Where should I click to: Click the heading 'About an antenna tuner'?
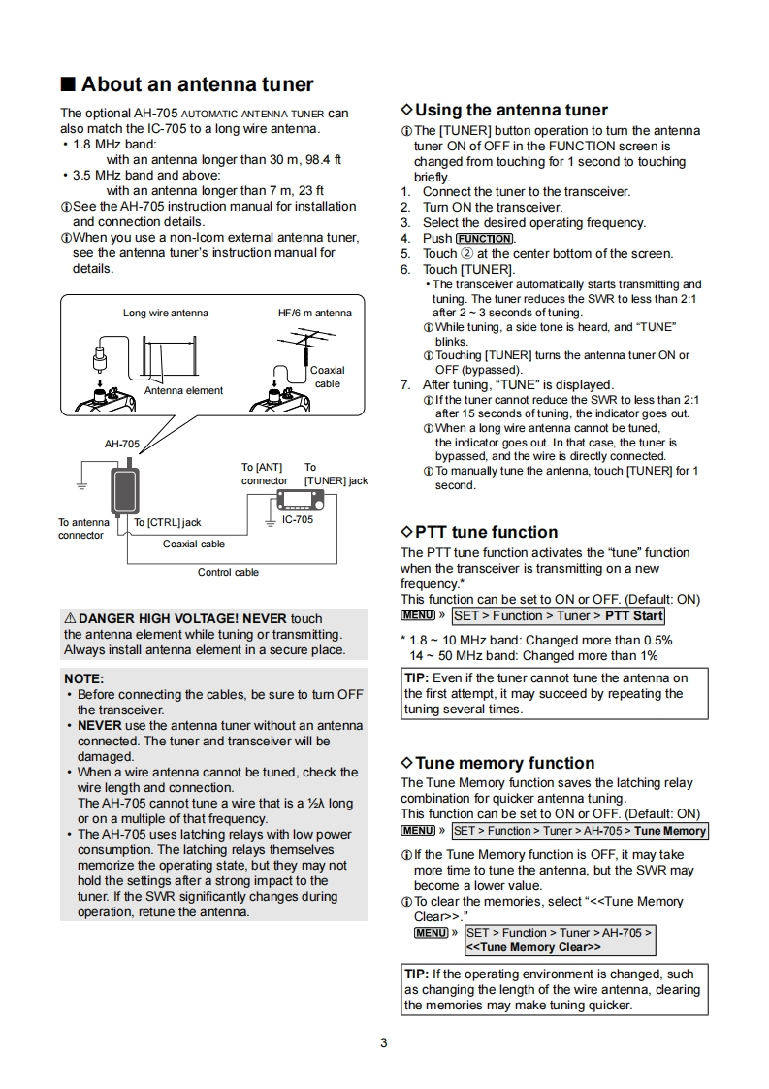pyautogui.click(x=197, y=84)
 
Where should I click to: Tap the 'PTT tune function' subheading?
pyautogui.click(x=486, y=532)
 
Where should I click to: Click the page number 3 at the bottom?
pyautogui.click(x=384, y=1043)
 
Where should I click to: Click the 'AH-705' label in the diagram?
pyautogui.click(x=122, y=444)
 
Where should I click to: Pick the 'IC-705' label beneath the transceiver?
pyautogui.click(x=298, y=520)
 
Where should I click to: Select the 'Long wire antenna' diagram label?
pyautogui.click(x=165, y=313)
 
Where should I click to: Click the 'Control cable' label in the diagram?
pyautogui.click(x=228, y=572)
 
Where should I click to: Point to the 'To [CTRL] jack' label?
pyautogui.click(x=168, y=523)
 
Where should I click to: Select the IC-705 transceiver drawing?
pyautogui.click(x=298, y=500)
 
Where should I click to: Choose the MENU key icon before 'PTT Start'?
pyautogui.click(x=417, y=615)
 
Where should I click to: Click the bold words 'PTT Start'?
pyautogui.click(x=634, y=615)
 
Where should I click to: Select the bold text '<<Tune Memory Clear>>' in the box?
pyautogui.click(x=534, y=947)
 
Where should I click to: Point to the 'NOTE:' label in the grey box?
pyautogui.click(x=83, y=678)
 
